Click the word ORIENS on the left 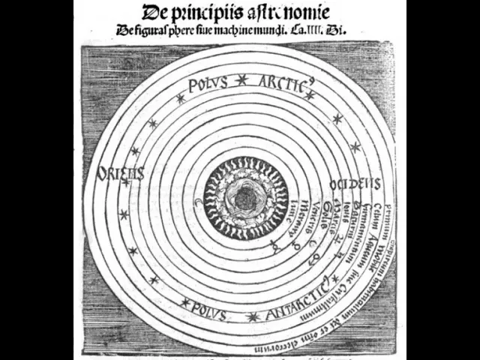[x=120, y=173]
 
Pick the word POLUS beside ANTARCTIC [x=209, y=307]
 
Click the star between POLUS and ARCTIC [x=241, y=79]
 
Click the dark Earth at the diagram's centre [x=244, y=199]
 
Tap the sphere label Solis [x=325, y=211]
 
